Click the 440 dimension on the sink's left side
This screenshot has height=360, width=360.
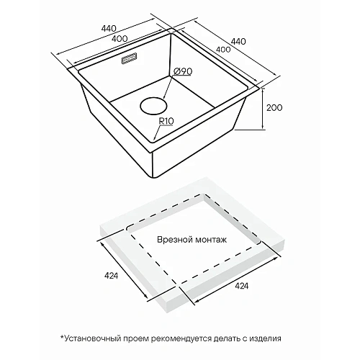[109, 29]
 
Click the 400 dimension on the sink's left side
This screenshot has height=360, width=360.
[120, 38]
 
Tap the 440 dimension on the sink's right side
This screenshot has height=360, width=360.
[238, 41]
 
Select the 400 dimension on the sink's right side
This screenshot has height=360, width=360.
[223, 49]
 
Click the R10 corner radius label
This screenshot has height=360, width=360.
[166, 121]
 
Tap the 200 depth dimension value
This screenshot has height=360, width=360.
[274, 108]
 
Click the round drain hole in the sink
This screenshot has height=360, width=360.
[153, 106]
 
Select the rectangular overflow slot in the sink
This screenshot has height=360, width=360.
[129, 58]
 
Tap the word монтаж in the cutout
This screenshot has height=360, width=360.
[210, 240]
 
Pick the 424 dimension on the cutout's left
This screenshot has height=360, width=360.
[111, 276]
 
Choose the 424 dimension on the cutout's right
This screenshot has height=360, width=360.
[242, 286]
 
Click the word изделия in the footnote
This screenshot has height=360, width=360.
[265, 338]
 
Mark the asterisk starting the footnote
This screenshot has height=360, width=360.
[63, 337]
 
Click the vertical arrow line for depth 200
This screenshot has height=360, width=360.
[263, 109]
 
